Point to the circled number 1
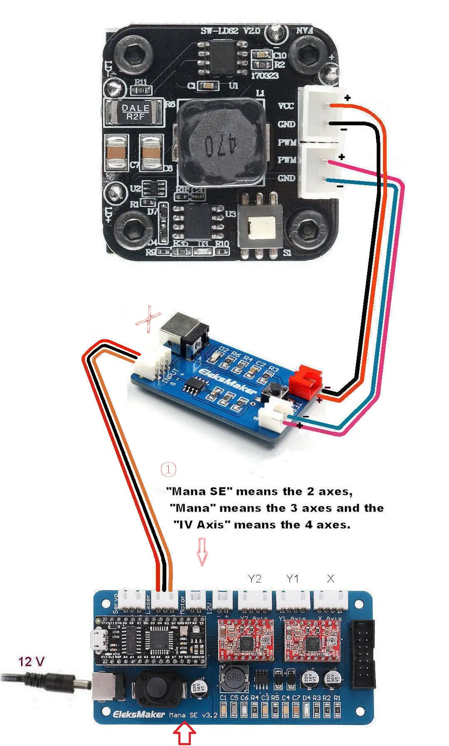tap(168, 470)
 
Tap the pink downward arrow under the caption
tap(202, 551)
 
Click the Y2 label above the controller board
tap(254, 579)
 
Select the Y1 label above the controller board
tap(292, 579)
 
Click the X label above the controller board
tap(331, 579)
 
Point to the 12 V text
tap(31, 661)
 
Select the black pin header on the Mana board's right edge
tap(363, 654)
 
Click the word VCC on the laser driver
tap(286, 106)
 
